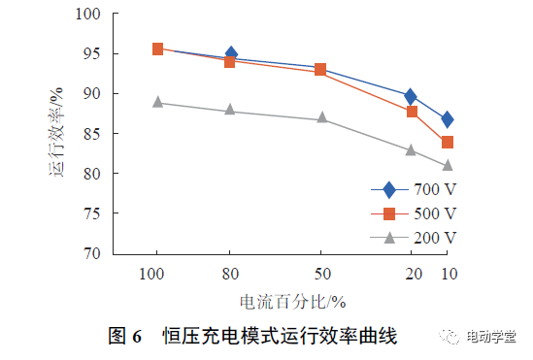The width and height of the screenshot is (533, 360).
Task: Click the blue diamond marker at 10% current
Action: tap(447, 119)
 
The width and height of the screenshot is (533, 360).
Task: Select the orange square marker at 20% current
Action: tap(412, 112)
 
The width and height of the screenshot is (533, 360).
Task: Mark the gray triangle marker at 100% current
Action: tap(157, 102)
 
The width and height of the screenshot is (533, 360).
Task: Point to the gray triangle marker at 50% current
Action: tap(321, 118)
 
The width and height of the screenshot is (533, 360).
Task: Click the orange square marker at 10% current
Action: tap(447, 143)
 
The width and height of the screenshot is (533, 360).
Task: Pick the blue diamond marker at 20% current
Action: tap(411, 96)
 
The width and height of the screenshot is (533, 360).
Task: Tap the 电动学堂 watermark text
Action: tap(491, 337)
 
